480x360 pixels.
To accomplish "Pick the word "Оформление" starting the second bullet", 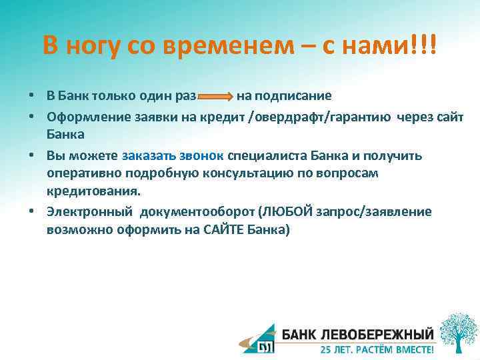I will click(85, 116).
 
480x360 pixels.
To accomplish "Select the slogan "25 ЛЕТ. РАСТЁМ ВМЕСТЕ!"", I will click(377, 349).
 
